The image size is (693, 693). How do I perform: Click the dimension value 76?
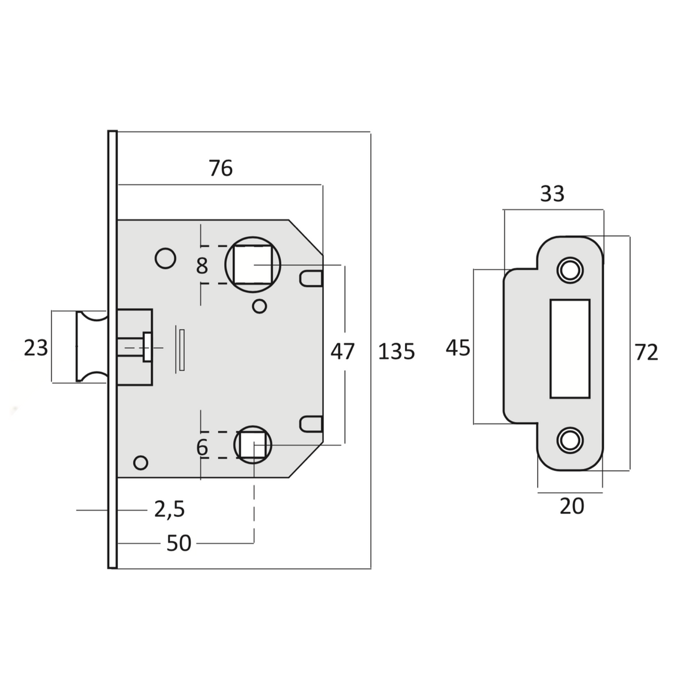point(221,168)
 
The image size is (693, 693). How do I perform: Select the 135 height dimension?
point(397,351)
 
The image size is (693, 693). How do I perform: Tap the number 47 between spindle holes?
point(342,351)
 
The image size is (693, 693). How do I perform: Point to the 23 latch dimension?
point(36,348)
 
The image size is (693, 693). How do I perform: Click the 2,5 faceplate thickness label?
point(169,509)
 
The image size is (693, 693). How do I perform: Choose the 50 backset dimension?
point(178,543)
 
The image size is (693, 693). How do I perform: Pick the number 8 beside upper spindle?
point(202,266)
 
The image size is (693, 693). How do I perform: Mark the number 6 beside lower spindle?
point(202,448)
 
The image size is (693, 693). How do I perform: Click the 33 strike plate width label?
point(553,194)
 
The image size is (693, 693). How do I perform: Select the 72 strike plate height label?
point(646,352)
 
